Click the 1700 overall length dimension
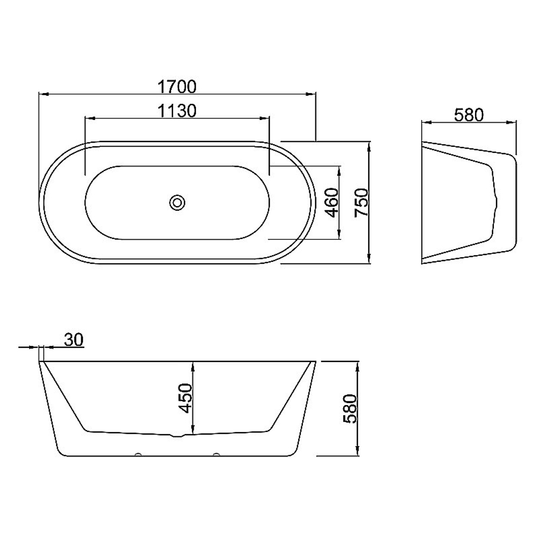point(177,87)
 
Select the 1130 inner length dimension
point(177,111)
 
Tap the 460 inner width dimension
point(332,203)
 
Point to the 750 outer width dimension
point(362,202)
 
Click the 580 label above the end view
point(469,115)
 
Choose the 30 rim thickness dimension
point(74,339)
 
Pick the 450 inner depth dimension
point(186,398)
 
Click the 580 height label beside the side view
point(350,409)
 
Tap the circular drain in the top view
point(178,202)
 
